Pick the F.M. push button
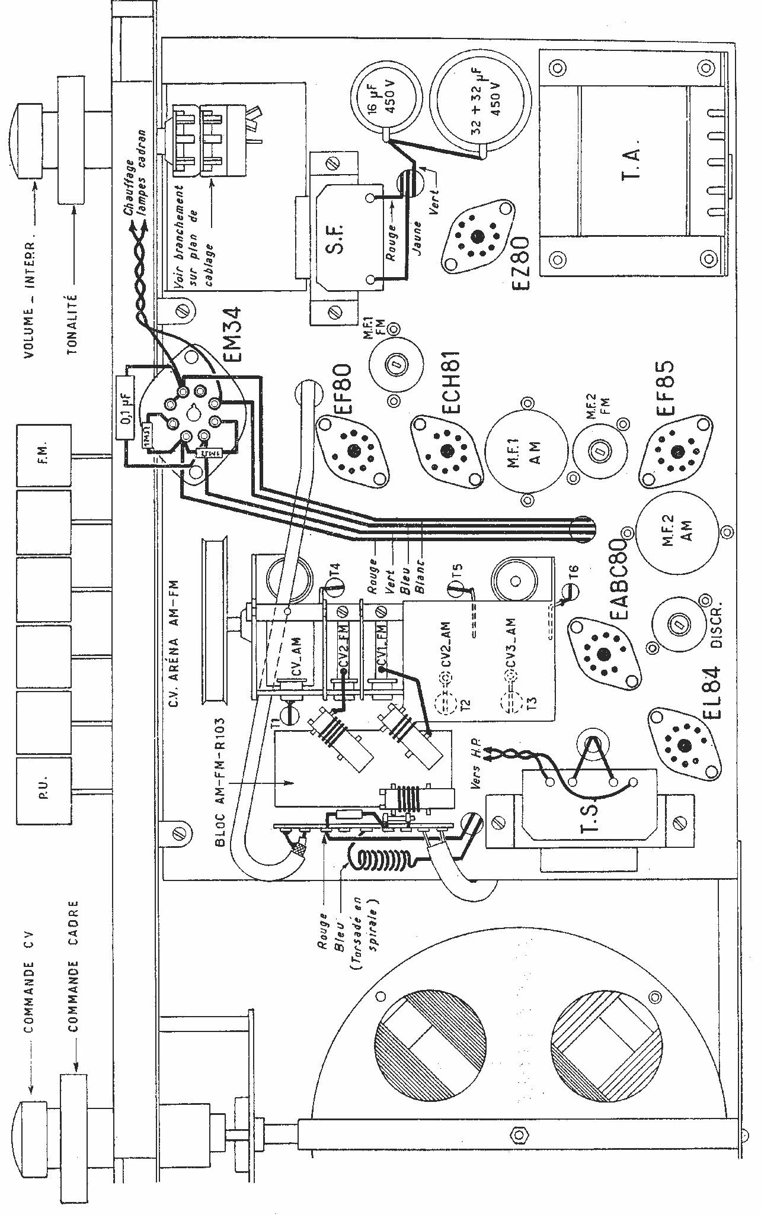point(44,455)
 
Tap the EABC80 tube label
point(618,581)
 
